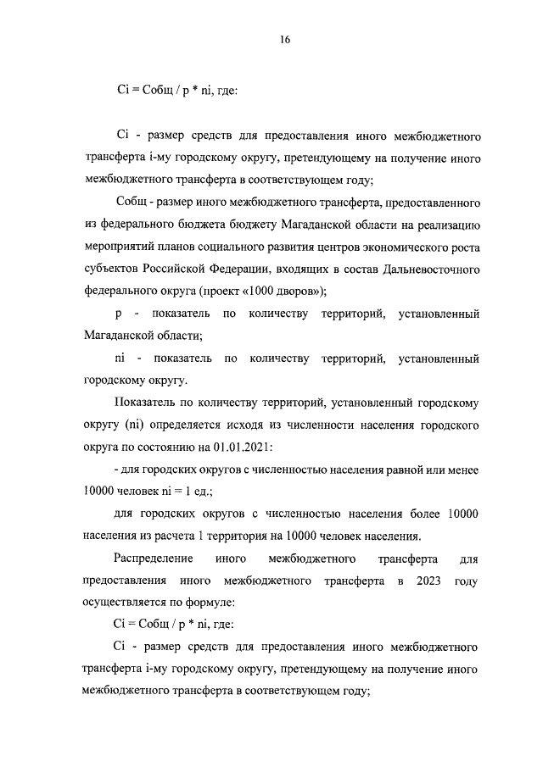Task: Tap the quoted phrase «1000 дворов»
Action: [x=288, y=292]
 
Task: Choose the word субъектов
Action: [x=115, y=270]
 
